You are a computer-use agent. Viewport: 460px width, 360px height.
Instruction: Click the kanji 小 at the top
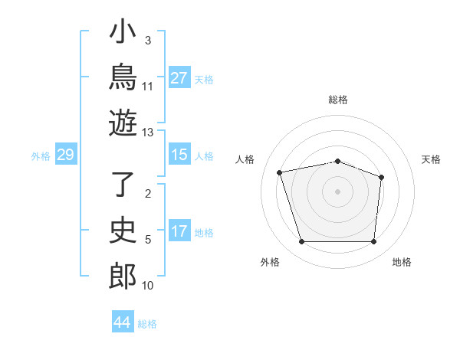[x=123, y=31]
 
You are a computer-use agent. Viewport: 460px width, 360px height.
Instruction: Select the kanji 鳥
[x=123, y=77]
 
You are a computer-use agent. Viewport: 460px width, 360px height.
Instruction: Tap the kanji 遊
[x=123, y=123]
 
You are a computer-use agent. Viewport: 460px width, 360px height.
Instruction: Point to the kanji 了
[x=123, y=184]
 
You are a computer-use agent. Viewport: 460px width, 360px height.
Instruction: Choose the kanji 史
[x=123, y=230]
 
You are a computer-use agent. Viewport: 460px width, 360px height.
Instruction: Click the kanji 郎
[x=123, y=277]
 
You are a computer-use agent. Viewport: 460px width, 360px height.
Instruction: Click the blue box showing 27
[x=179, y=77]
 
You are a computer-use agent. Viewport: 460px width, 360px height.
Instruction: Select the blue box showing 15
[x=179, y=154]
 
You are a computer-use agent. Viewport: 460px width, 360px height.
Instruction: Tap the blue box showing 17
[x=179, y=230]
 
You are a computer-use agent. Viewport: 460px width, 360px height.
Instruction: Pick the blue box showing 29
[x=66, y=154]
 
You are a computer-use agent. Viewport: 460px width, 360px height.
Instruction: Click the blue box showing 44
[x=123, y=321]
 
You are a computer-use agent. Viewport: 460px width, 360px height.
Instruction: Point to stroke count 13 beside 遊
[x=147, y=133]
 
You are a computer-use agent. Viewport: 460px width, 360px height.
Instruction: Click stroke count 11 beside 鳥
[x=147, y=87]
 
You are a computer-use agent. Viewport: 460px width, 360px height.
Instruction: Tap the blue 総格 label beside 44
[x=147, y=324]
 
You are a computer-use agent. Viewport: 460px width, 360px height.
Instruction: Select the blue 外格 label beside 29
[x=41, y=156]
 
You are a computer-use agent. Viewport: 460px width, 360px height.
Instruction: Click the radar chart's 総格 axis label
[x=338, y=100]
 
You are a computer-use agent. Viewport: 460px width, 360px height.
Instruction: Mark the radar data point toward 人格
[x=279, y=172]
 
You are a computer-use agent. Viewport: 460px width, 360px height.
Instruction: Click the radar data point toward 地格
[x=373, y=241]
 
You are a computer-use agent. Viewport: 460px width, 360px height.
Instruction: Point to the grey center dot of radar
[x=337, y=191]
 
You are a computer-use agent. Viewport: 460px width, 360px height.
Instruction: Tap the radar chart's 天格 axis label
[x=431, y=159]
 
